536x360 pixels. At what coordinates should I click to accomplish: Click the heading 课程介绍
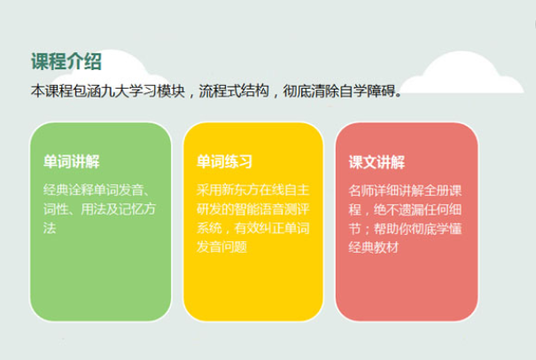[x=66, y=61]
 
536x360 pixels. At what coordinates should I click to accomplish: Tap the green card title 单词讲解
[x=72, y=161]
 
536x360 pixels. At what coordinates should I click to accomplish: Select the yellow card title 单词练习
[x=224, y=161]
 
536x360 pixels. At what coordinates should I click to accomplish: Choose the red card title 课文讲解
[x=377, y=162]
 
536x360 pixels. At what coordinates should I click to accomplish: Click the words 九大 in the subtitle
[x=114, y=91]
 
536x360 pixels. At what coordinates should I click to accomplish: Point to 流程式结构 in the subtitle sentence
[x=234, y=91]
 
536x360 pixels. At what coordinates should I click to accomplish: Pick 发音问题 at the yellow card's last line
[x=221, y=247]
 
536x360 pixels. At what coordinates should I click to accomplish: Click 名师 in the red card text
[x=361, y=191]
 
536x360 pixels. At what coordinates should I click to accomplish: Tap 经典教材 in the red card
[x=374, y=247]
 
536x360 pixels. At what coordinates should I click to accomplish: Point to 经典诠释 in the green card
[x=68, y=190]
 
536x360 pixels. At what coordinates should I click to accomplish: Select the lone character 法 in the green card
[x=50, y=228]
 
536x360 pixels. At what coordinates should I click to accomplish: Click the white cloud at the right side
[x=462, y=74]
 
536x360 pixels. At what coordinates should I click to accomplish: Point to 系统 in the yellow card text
[x=209, y=228]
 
